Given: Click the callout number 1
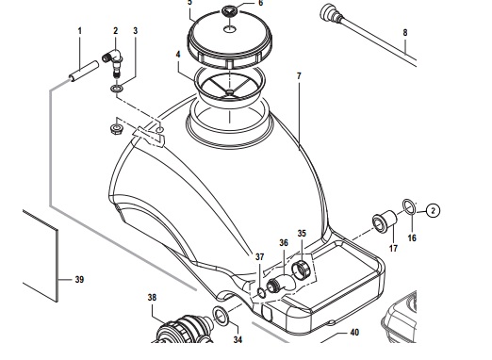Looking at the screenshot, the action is (x=80, y=31).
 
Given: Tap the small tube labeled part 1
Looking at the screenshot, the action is (x=84, y=72).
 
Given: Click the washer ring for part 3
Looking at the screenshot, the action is (x=117, y=89).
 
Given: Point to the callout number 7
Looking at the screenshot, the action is (x=299, y=76).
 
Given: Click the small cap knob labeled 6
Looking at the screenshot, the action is (x=231, y=11).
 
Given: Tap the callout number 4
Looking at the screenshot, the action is (x=178, y=55).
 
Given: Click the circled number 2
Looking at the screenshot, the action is (x=434, y=210).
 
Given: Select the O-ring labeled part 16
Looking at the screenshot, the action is (x=410, y=207).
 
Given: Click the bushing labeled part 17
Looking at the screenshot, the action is (x=385, y=221).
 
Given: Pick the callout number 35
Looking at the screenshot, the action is (x=302, y=234).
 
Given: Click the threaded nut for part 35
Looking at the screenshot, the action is (x=302, y=269).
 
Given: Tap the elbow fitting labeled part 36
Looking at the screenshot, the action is (x=281, y=284).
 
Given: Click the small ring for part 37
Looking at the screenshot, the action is (x=261, y=293).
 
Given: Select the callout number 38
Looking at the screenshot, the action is (x=152, y=298).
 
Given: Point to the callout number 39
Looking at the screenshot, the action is (x=79, y=279).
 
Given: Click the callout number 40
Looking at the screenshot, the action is (x=354, y=333).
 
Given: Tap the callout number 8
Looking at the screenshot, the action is (x=405, y=32).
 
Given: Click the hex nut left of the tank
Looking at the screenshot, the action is (x=117, y=129).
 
